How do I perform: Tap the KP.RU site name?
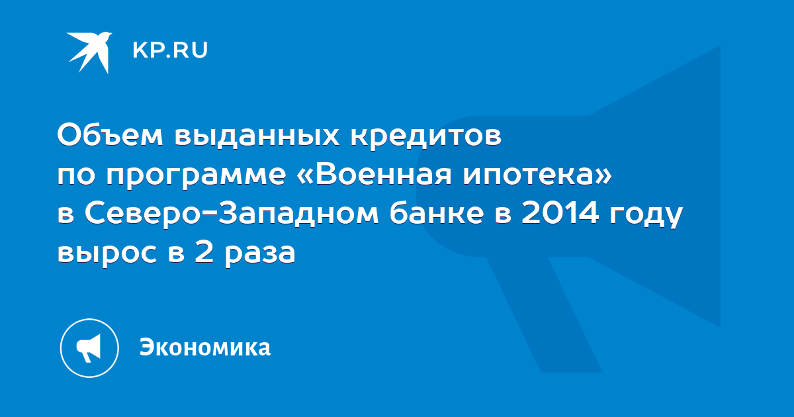(170, 50)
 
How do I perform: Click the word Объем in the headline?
(110, 135)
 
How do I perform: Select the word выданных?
(257, 135)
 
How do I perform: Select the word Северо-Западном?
(232, 214)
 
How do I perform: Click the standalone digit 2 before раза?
(204, 252)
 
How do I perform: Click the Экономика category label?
(205, 347)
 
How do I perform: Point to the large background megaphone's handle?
(544, 314)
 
